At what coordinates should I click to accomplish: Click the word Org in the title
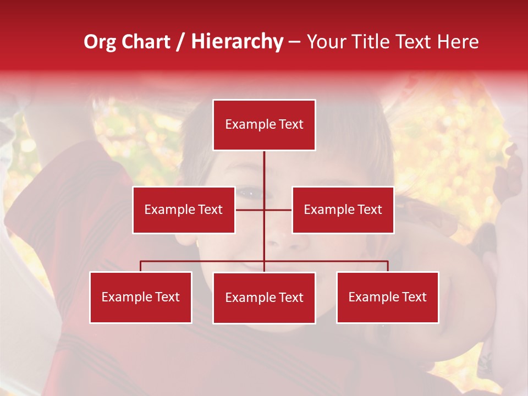point(100,42)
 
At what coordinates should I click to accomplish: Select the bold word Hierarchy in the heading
point(237,42)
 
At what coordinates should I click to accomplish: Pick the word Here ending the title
point(458,42)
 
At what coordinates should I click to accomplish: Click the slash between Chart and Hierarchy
point(180,42)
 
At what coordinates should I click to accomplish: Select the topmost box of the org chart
point(264,125)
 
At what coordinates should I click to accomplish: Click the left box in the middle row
point(184,210)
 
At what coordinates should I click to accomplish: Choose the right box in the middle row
point(343,210)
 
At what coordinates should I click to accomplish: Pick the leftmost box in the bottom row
point(141,298)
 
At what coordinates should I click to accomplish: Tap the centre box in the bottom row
point(264,298)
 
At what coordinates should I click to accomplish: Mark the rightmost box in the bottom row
point(388,298)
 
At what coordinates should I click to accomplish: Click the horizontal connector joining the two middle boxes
point(278,210)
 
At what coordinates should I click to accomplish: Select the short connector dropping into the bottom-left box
point(141,266)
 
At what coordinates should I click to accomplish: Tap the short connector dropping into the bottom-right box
point(388,266)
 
